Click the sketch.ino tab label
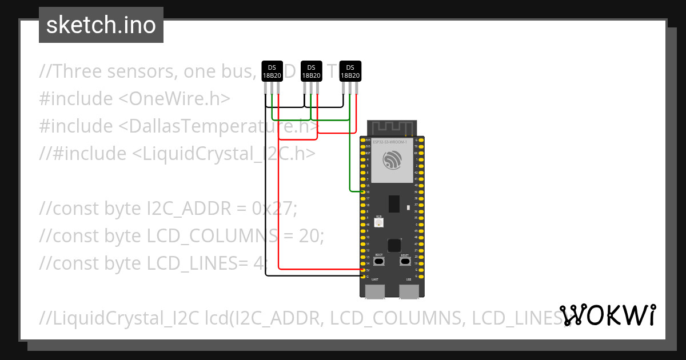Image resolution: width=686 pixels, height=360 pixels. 101,25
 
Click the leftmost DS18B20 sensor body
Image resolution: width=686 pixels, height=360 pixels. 272,71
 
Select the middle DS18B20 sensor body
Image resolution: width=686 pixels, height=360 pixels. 311,71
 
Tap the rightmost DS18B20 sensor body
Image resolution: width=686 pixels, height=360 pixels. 350,71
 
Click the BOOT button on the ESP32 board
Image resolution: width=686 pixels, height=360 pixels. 379,261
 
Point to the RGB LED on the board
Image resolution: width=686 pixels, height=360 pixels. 378,222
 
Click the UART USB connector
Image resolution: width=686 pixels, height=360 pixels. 375,291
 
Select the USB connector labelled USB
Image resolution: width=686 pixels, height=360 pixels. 409,291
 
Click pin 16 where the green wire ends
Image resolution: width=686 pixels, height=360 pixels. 363,192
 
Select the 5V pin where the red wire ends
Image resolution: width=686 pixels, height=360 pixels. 363,269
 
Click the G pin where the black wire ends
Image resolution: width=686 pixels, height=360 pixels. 363,276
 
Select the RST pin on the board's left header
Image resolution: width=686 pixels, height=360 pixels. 363,153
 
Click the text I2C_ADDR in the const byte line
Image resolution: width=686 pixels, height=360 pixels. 184,209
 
